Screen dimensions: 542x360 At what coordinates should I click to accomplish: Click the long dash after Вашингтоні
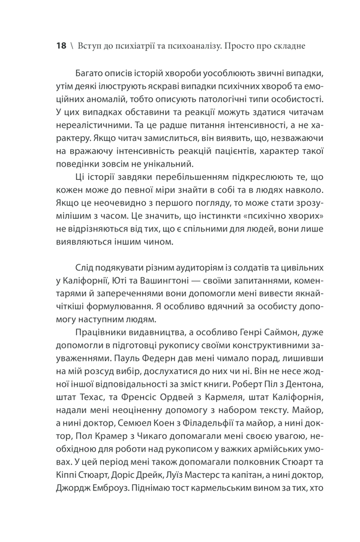[208, 282]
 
